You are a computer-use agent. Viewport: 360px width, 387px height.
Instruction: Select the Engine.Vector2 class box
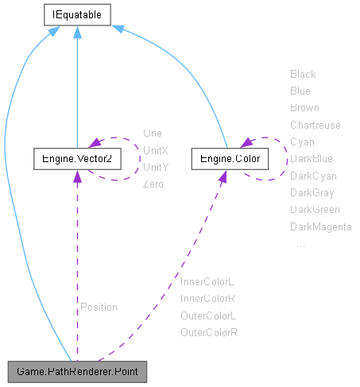pos(76,160)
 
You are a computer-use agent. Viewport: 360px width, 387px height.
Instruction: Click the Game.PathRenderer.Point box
pos(76,371)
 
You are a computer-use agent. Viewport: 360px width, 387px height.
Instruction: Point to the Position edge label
pos(99,307)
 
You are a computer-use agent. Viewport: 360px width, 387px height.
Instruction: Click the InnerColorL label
pos(207,281)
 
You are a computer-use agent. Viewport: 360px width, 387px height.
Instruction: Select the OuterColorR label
pos(209,332)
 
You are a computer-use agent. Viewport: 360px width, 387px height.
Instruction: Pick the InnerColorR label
pos(207,298)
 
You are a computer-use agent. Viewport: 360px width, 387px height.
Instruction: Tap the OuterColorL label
pos(208,315)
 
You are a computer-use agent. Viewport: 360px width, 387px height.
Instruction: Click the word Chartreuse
pos(315,125)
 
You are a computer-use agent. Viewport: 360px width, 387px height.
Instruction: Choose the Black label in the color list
pos(303,74)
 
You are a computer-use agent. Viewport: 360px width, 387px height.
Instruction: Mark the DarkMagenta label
pos(320,227)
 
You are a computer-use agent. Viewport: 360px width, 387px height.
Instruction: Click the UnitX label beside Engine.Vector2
pos(155,149)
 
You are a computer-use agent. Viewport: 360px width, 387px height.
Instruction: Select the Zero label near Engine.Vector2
pos(153,184)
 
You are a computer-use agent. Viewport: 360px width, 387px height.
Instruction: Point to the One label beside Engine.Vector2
pos(152,133)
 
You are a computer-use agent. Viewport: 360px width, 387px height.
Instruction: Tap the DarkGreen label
pos(315,210)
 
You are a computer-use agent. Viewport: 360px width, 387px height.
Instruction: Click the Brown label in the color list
pos(304,107)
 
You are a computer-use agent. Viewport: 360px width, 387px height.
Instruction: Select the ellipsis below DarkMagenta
pos(300,245)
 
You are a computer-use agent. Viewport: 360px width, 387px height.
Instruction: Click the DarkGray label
pos(312,193)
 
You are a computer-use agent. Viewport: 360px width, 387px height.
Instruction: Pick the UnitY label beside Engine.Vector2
pos(155,167)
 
